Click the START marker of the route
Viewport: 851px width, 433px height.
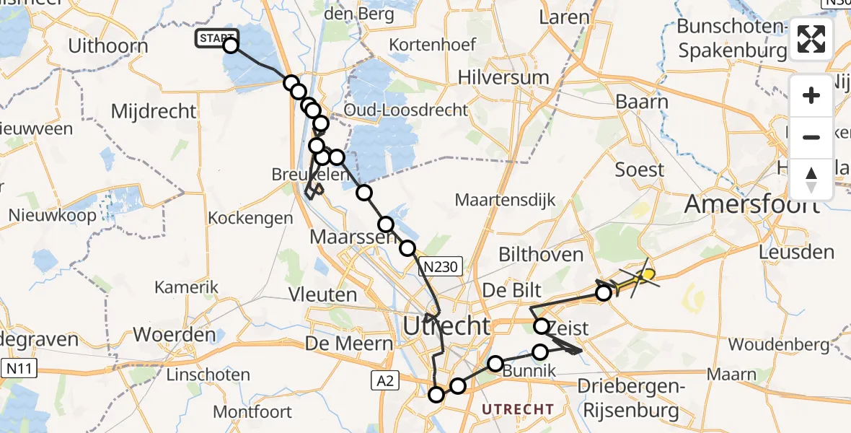coord(214,39)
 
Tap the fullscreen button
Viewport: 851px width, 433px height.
coord(811,39)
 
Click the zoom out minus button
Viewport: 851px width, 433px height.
coord(811,137)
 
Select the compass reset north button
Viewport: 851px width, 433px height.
coord(811,179)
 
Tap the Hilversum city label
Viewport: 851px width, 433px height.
coord(503,77)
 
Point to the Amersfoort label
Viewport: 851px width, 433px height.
coord(751,204)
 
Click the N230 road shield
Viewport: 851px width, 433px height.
coord(440,268)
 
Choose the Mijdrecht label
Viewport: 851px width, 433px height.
coord(154,111)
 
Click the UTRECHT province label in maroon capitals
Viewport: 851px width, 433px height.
coord(517,409)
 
